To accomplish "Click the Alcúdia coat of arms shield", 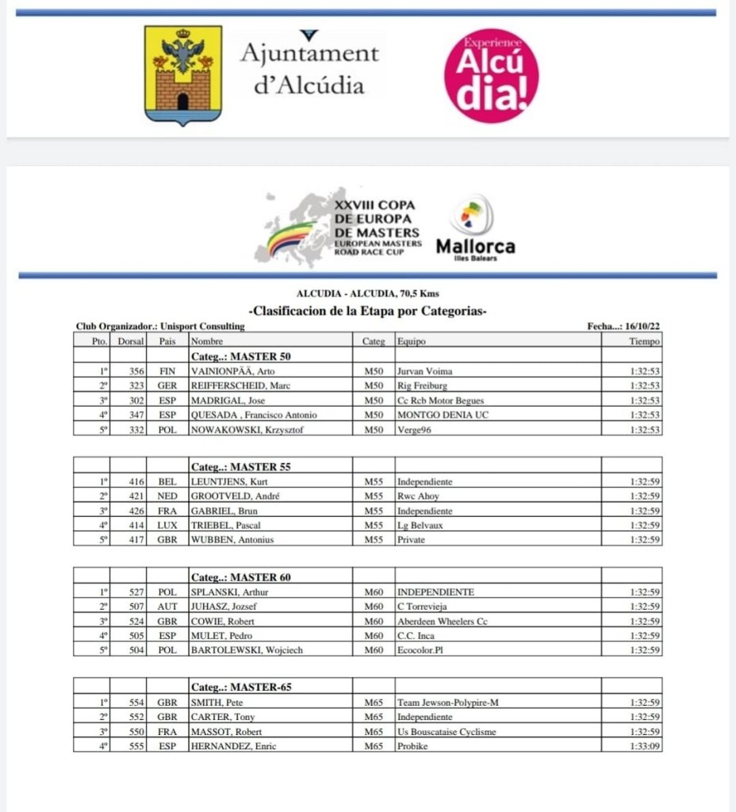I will [182, 75].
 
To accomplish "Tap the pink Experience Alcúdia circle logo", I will [491, 75].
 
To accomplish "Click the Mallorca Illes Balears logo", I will [474, 229].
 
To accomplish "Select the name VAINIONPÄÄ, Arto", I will [232, 370].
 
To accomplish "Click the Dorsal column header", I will [131, 341].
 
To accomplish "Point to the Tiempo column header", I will [644, 341].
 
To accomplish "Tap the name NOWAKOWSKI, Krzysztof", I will [246, 430].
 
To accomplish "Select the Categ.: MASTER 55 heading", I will [240, 466].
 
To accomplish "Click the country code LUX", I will [167, 525].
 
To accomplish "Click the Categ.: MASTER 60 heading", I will [240, 576].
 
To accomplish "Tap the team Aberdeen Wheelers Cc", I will [442, 621].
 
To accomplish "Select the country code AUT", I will [167, 607].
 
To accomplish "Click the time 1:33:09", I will [644, 746].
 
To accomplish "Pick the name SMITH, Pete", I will [217, 702].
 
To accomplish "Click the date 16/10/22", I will [643, 326].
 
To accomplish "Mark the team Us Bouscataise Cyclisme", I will [447, 731].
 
